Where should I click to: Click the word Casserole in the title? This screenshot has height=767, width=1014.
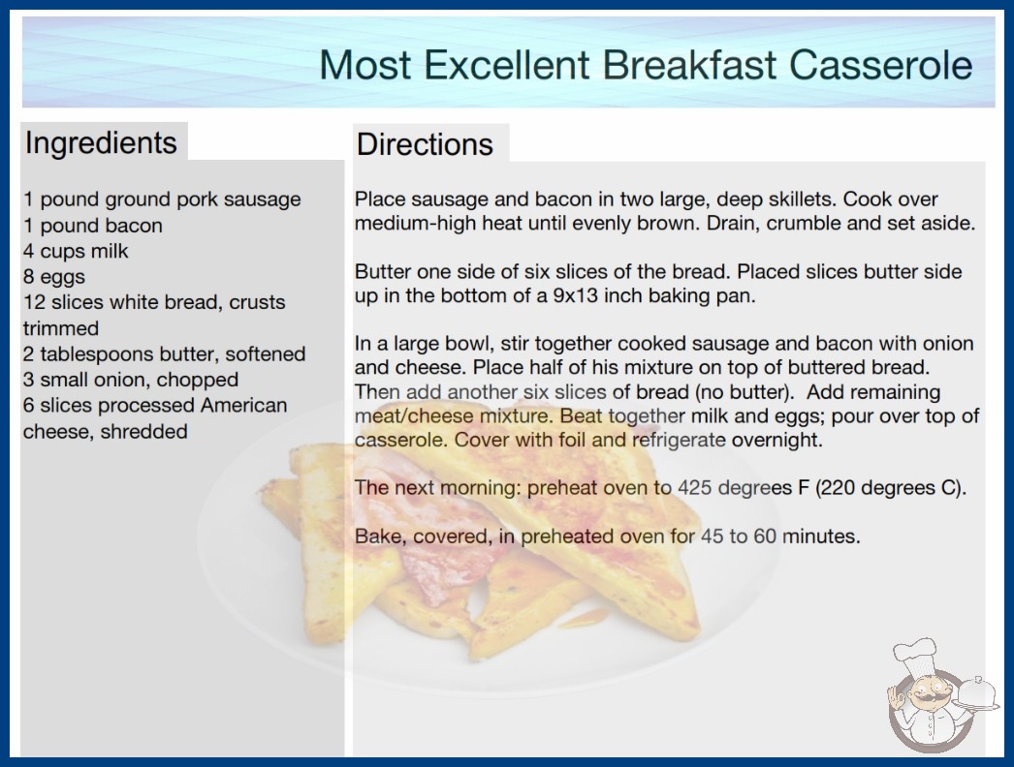point(880,65)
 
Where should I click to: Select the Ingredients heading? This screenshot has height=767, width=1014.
point(101,142)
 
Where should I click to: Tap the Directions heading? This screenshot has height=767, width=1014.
point(425,144)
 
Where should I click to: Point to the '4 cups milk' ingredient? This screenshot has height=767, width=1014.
point(76,251)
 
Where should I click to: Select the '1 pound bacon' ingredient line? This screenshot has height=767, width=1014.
point(92,225)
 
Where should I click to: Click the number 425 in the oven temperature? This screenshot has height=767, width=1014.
point(694,487)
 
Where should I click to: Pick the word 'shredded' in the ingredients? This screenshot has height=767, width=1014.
point(143,431)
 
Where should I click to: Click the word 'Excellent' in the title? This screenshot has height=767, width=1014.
point(506,65)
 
